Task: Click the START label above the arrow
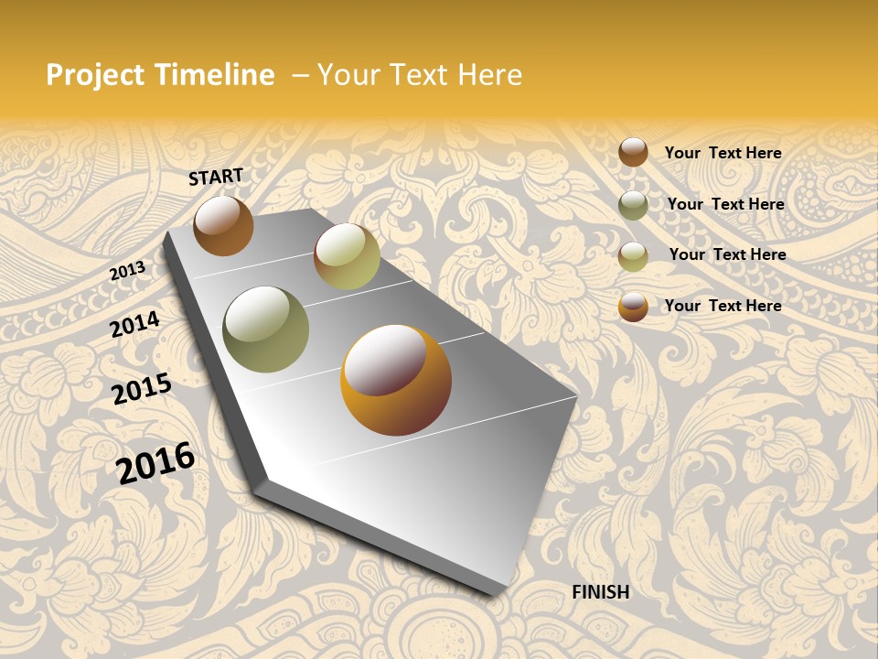[216, 177]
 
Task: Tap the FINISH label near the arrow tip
[601, 592]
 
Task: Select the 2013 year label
[127, 271]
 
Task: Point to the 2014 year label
[134, 324]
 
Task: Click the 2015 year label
[141, 389]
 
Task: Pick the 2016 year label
[155, 462]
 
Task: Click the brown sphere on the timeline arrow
[223, 225]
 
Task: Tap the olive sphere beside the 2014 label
[265, 329]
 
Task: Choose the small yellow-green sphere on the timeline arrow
[347, 256]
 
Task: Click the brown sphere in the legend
[633, 152]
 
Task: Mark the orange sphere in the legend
[633, 307]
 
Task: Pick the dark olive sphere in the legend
[633, 205]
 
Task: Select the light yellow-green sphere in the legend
[633, 256]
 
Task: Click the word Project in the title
[95, 75]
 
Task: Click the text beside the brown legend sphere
[723, 153]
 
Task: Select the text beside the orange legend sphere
[723, 306]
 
